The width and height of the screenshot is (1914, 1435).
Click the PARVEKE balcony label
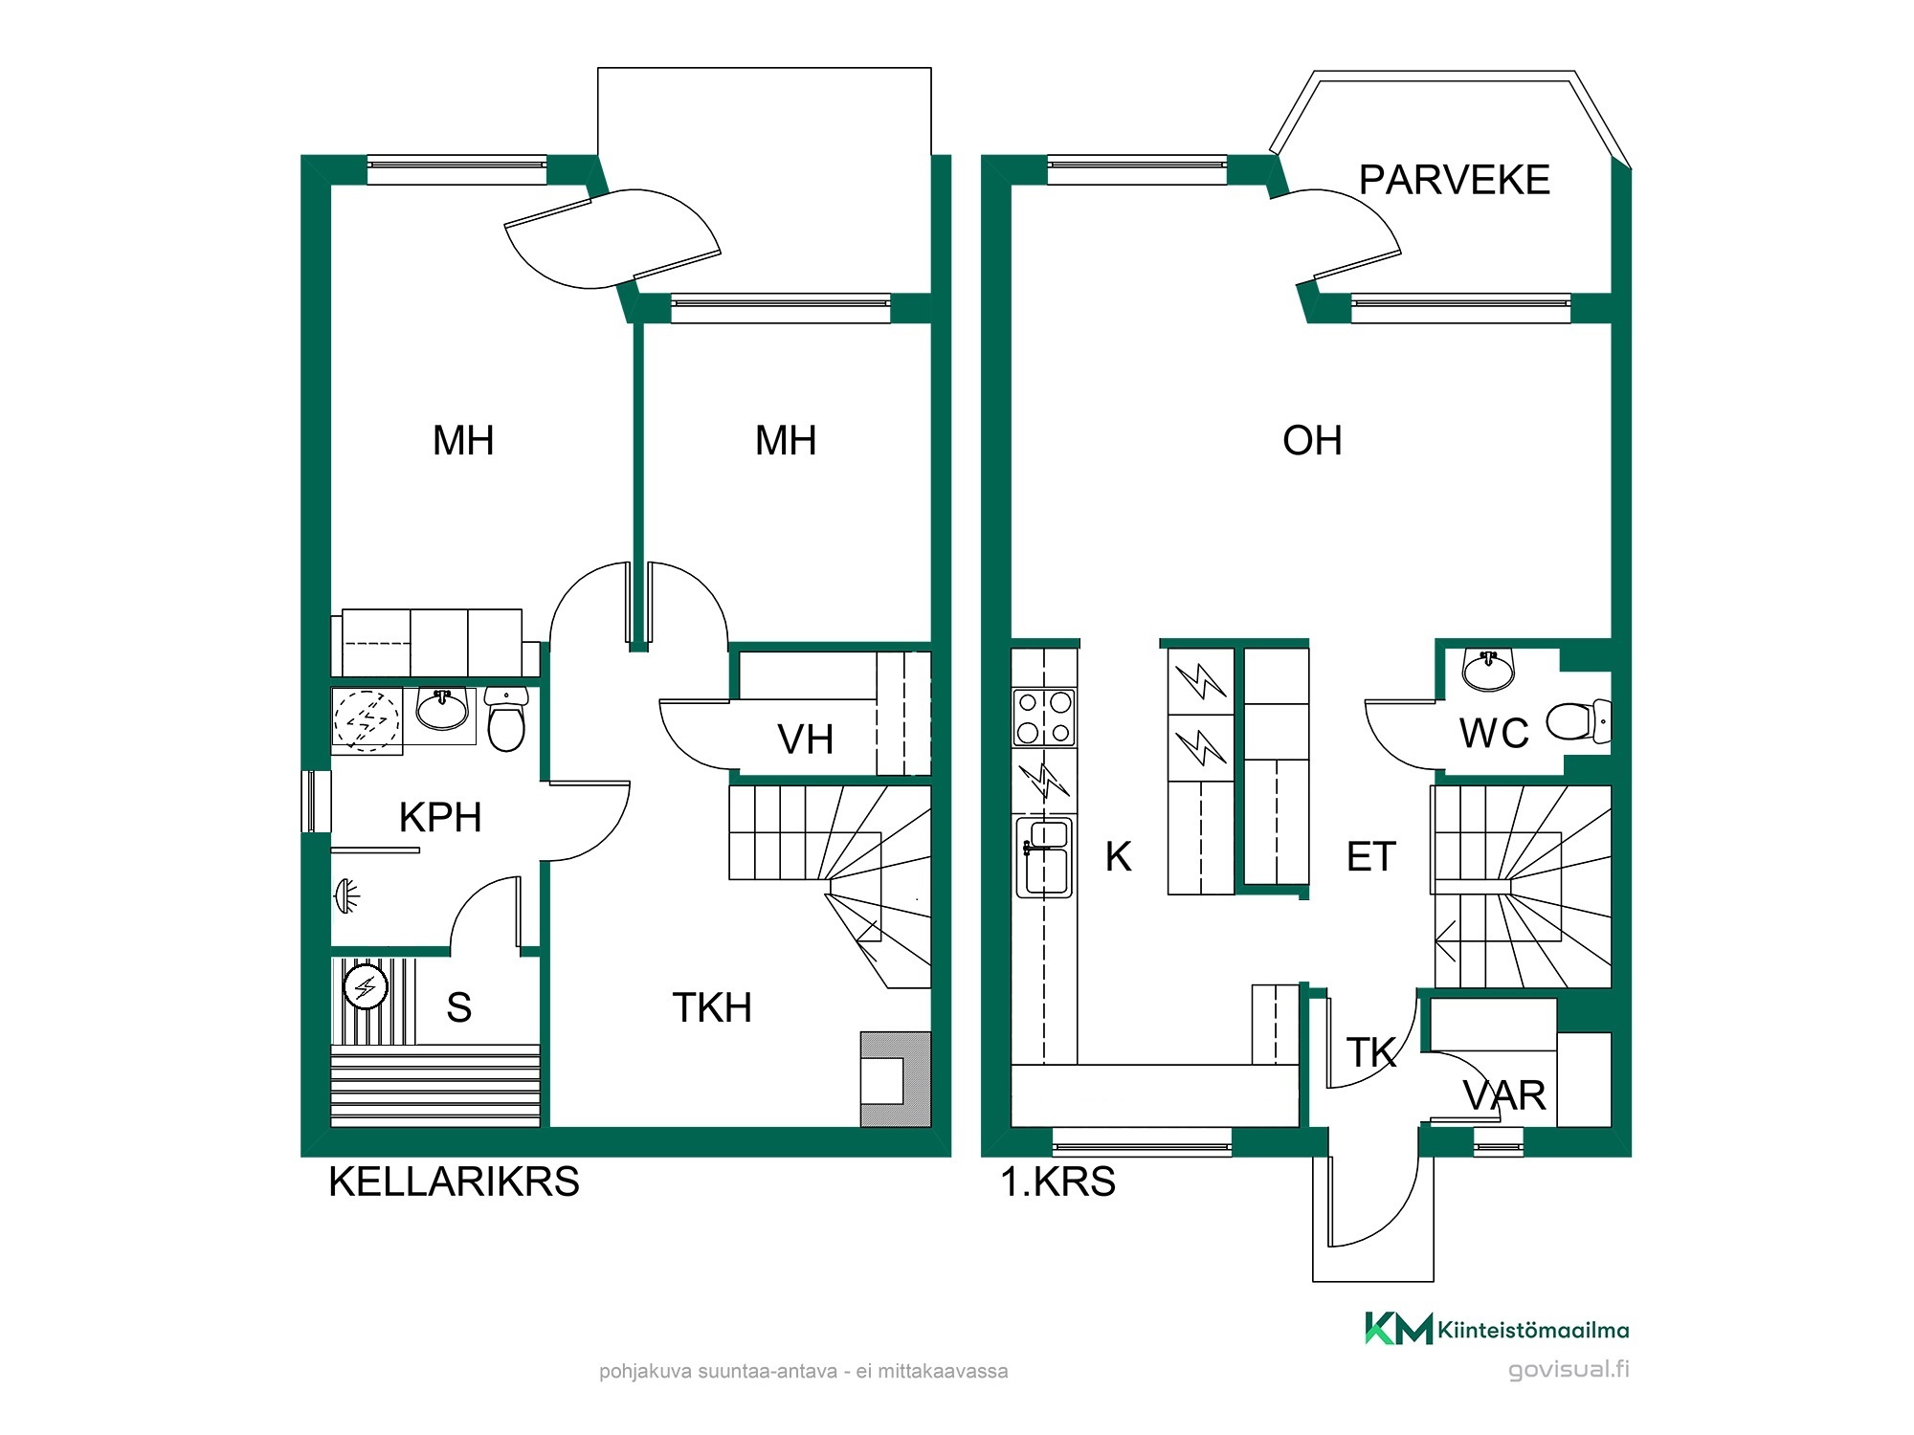[1454, 180]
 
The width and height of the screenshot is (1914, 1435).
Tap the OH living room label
[1312, 441]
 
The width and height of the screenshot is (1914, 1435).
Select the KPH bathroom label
[440, 818]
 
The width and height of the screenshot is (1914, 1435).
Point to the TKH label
[712, 1007]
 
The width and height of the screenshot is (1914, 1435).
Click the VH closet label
[805, 740]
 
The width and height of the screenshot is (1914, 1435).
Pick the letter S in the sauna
[458, 1007]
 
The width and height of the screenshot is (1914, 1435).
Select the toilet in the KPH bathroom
[506, 718]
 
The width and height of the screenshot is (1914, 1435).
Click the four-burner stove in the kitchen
[1044, 717]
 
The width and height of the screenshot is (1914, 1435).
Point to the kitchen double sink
[1044, 856]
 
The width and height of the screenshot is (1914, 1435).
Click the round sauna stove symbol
[366, 987]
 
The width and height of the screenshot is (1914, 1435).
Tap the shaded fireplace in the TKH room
[896, 1079]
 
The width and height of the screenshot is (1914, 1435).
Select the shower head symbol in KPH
[345, 896]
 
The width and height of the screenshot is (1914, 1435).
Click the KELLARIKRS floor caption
[454, 1182]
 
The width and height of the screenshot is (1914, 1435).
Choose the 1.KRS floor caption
[1057, 1182]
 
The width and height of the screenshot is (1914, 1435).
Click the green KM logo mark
[1398, 1329]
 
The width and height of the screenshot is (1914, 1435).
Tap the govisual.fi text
[1569, 1369]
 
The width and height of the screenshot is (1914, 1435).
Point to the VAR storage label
[1504, 1096]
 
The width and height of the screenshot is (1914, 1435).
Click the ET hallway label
[1371, 857]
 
